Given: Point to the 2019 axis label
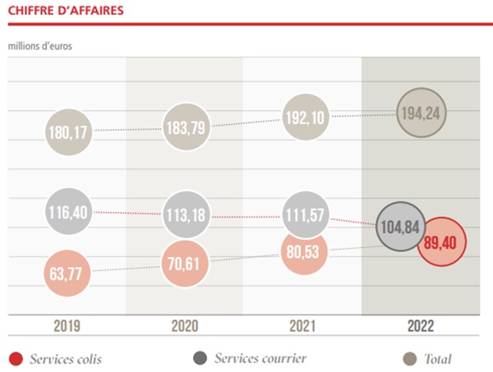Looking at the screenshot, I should (68, 326).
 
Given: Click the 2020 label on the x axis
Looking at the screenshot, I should (185, 326).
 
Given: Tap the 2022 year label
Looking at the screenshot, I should (420, 326).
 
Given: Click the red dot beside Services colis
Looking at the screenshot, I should (15, 359).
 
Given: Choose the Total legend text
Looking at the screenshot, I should (438, 359).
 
